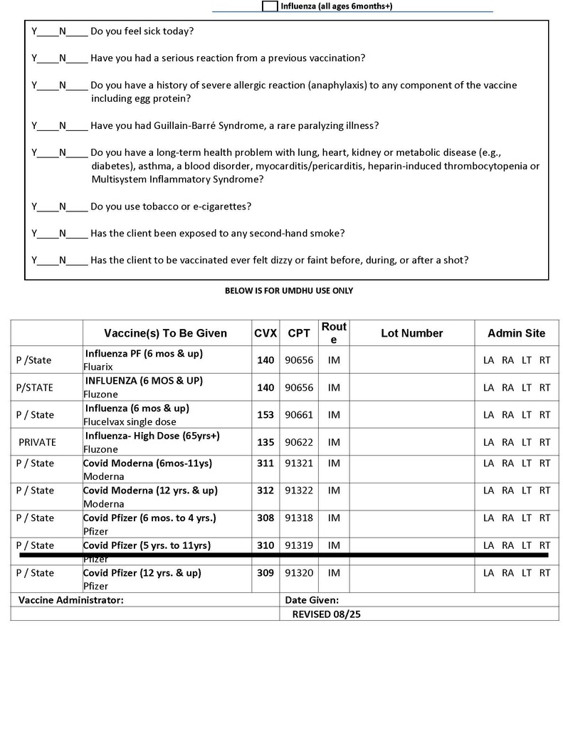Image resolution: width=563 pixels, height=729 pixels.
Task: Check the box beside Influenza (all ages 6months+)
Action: pyautogui.click(x=270, y=6)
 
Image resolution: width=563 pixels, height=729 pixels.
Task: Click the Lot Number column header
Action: pyautogui.click(x=411, y=333)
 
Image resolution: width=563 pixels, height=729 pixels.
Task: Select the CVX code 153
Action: pyautogui.click(x=265, y=414)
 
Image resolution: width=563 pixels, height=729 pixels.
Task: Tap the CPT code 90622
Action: pyautogui.click(x=299, y=442)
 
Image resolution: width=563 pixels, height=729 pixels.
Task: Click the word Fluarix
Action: pyautogui.click(x=99, y=367)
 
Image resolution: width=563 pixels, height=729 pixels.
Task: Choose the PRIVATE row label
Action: pyautogui.click(x=37, y=442)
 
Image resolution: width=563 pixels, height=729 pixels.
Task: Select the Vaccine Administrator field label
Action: pyautogui.click(x=70, y=600)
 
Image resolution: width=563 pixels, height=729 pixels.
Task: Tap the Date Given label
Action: pyautogui.click(x=312, y=600)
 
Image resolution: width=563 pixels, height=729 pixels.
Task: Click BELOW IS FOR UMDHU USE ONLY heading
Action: pyautogui.click(x=288, y=290)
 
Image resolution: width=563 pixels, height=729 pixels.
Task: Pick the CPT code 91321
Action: pyautogui.click(x=299, y=463)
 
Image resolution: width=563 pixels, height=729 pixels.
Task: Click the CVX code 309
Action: pyautogui.click(x=265, y=572)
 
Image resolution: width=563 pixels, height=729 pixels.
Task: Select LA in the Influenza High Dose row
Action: pyautogui.click(x=488, y=442)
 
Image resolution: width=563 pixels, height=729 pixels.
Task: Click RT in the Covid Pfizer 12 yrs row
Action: pyautogui.click(x=544, y=572)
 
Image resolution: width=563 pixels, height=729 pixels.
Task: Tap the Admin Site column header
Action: pyautogui.click(x=516, y=333)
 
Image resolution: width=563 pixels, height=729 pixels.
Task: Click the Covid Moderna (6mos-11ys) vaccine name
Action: pyautogui.click(x=147, y=463)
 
